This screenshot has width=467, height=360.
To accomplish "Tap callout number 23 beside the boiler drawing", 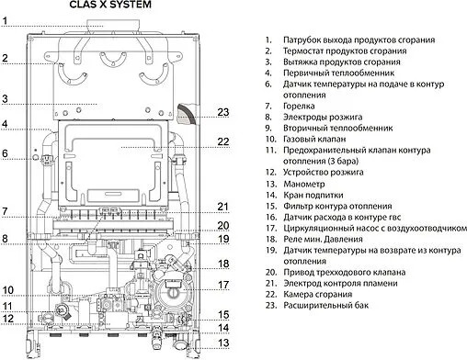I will click(x=222, y=112).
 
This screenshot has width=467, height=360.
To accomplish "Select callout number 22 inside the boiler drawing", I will click(x=222, y=141).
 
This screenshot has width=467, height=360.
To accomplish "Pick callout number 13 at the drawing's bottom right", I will click(x=222, y=343).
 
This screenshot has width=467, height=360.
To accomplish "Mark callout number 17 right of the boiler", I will click(x=222, y=284).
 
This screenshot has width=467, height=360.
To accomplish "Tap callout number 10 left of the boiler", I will click(x=6, y=288).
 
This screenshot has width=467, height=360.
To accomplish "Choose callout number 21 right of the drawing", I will click(x=222, y=206).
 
